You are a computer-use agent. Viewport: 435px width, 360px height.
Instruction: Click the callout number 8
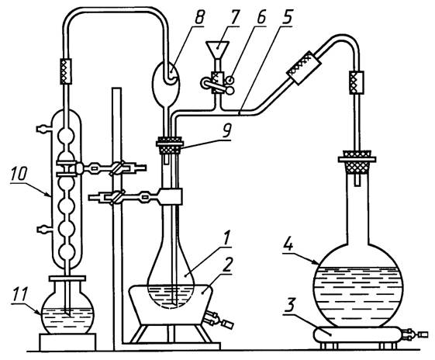coord(199,18)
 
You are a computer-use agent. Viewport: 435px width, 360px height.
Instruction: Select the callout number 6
coord(261,18)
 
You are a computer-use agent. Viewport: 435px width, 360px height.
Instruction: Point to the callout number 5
coord(288,18)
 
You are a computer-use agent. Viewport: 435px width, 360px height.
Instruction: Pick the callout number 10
coord(19,174)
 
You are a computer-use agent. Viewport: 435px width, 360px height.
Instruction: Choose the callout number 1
coord(226,238)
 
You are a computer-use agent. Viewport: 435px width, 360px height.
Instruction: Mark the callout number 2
coord(226,265)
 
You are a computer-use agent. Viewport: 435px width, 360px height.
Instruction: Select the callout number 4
coord(289,244)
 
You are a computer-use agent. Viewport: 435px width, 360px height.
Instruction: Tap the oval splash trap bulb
coord(166,84)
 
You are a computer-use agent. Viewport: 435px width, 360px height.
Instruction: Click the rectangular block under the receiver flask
coord(68,342)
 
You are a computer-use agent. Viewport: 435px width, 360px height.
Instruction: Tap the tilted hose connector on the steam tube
coord(304,67)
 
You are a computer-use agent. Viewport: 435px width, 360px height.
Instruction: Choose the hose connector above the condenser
coord(66,71)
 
